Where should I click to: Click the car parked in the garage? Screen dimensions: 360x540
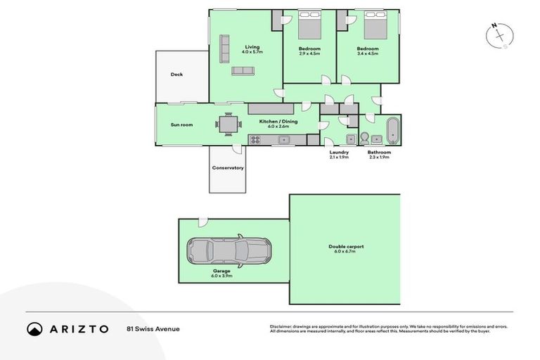tap(229, 250)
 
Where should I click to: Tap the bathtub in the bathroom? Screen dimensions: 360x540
tap(392, 131)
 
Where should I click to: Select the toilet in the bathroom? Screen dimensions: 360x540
tap(366, 137)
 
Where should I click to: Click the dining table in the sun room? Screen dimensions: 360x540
tap(229, 125)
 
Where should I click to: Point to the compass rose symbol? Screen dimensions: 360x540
tap(499, 36)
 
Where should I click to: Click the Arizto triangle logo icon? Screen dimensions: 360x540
tap(35, 328)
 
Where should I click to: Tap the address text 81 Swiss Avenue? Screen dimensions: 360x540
tap(153, 328)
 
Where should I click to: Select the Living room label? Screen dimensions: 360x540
tap(252, 48)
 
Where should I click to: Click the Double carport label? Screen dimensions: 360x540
tap(345, 247)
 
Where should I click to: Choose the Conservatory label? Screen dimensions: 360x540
tap(228, 167)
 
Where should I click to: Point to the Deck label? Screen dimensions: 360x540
tap(176, 75)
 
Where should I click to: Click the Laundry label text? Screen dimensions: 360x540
tap(339, 152)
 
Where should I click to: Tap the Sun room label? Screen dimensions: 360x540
tap(181, 125)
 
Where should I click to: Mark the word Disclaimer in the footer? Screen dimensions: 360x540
tap(281, 326)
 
